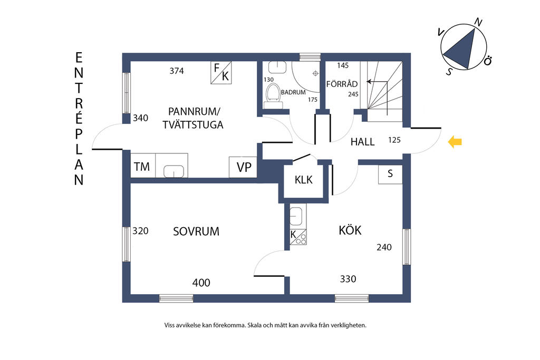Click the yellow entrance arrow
click(x=455, y=142)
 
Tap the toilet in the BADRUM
click(x=273, y=96)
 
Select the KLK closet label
click(x=303, y=180)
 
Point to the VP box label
click(x=244, y=167)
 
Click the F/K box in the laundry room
click(x=221, y=73)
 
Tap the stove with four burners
click(x=298, y=237)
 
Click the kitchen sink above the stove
click(x=296, y=216)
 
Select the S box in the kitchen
click(x=390, y=174)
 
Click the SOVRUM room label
click(x=196, y=231)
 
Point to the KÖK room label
click(x=350, y=230)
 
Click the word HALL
click(x=362, y=142)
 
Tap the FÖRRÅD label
click(x=342, y=84)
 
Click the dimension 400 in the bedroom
click(x=201, y=283)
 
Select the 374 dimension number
click(x=177, y=71)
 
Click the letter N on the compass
click(x=478, y=22)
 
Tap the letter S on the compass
click(x=449, y=71)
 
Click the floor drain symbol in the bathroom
click(x=315, y=73)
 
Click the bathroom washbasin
click(x=277, y=67)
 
